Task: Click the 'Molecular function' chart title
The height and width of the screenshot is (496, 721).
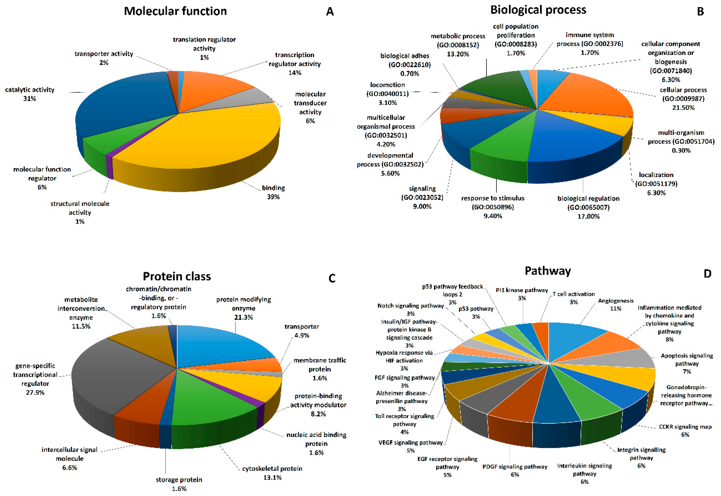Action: coord(175,11)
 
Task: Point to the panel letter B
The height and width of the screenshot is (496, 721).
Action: coord(700,11)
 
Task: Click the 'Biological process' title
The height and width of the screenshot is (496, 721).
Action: coord(538,10)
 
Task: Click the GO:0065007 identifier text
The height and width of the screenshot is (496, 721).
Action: coord(588,207)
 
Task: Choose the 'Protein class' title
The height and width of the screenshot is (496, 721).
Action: coord(177,276)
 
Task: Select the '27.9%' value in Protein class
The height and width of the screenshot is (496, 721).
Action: coord(35,393)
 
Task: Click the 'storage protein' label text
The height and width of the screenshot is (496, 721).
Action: coord(179,480)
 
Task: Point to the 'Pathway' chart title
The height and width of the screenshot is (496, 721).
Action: coord(548,271)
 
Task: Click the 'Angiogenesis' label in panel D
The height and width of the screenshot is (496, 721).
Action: coord(616,301)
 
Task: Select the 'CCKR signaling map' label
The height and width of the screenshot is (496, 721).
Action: coord(685,427)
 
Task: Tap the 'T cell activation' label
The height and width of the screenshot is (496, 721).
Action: coord(574,294)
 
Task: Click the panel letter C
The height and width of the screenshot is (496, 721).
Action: coord(332,278)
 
